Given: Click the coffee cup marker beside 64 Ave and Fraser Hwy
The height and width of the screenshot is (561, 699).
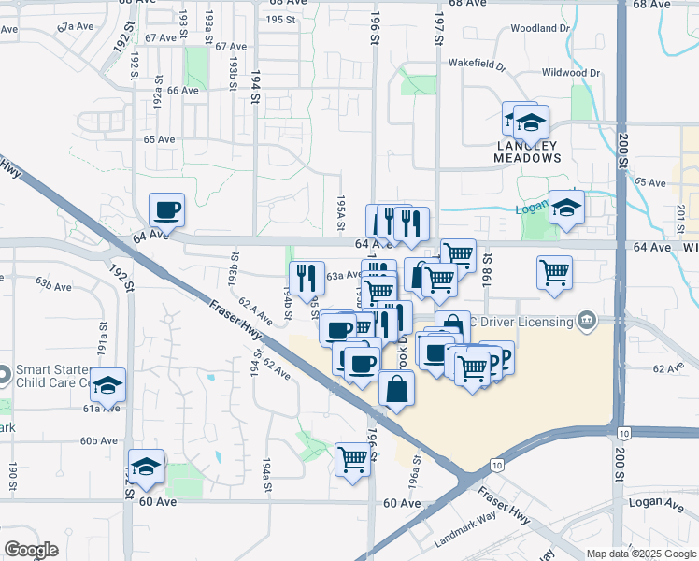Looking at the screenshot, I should point(167,210).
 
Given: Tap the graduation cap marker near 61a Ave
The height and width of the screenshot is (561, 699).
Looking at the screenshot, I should point(108,385).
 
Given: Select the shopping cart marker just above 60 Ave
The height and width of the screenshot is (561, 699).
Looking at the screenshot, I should point(353,459).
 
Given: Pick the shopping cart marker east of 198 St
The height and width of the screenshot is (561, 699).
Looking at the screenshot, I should point(555,273).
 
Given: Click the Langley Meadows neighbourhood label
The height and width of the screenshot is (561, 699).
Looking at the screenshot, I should point(528,151).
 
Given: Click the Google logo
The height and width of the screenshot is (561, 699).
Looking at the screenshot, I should point(31,550).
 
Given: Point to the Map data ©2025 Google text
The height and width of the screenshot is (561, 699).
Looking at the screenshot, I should point(641,554).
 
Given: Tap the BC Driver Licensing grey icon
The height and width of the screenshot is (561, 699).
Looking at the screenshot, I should point(586,322).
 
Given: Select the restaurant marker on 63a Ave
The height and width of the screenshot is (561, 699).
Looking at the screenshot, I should point(307,278).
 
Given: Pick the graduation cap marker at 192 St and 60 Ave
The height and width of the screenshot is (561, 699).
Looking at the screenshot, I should point(147,467).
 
